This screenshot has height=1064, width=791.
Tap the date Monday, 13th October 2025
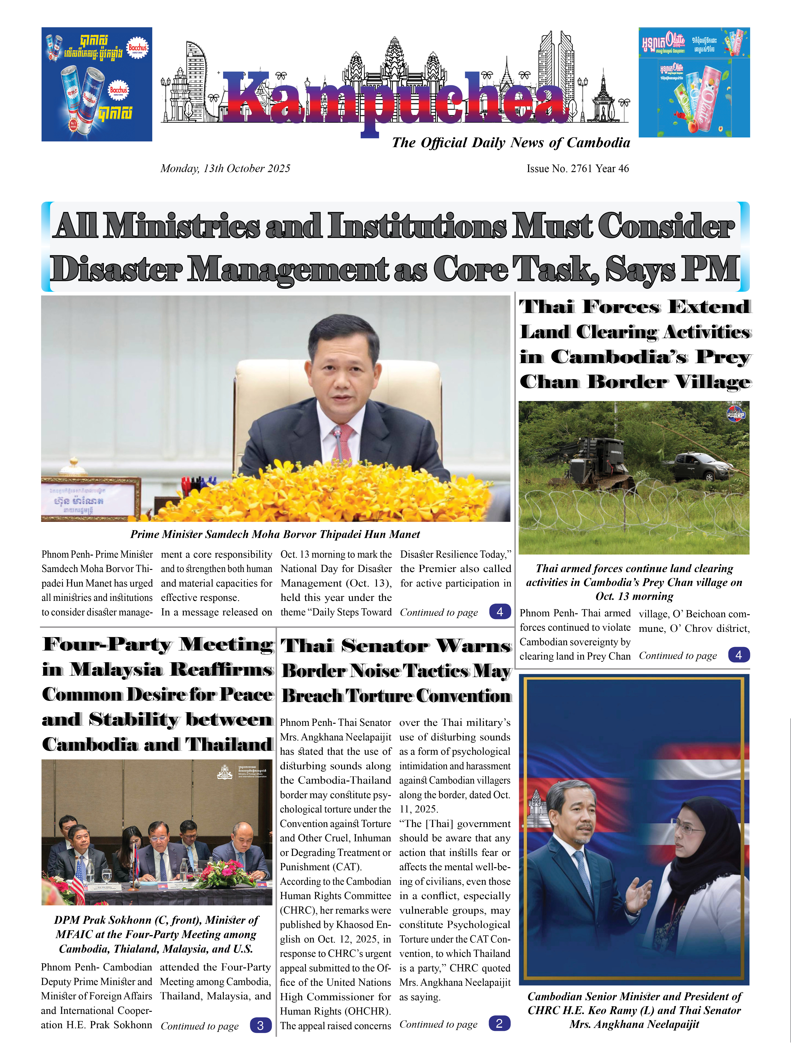(x=225, y=169)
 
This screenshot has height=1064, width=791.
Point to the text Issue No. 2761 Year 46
(x=577, y=169)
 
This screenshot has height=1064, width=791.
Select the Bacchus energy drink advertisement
(x=97, y=84)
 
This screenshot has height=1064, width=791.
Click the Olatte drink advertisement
(x=694, y=82)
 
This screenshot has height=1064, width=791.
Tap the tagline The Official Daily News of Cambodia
(x=510, y=143)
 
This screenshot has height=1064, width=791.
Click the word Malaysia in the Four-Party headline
(x=116, y=669)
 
